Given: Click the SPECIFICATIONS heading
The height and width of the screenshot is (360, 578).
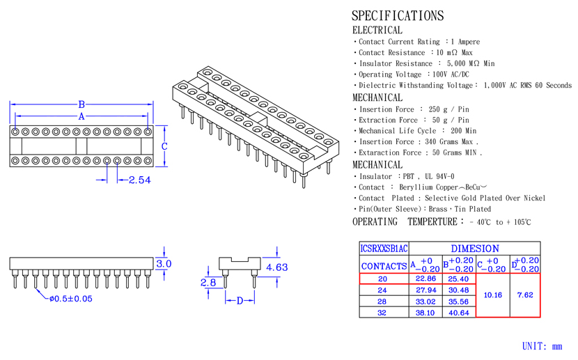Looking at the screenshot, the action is coord(398,15).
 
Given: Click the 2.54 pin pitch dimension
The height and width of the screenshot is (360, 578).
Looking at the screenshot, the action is coord(140,180).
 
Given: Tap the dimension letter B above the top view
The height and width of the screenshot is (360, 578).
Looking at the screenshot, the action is coord(81,104).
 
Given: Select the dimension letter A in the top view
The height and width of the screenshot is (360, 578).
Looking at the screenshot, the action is coord(81,116).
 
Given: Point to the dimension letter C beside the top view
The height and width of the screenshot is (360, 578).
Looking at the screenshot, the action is coord(164,146).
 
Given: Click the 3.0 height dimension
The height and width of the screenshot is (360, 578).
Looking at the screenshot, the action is coord(164,264).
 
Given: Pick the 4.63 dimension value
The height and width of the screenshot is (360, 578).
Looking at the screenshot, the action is coord(277,267).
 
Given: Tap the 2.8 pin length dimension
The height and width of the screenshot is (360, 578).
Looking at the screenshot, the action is coord(208,283).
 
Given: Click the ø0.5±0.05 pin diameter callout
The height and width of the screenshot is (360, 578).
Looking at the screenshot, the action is coord(71,299).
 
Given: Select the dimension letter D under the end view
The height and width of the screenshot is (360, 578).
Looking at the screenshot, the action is coord(240,301).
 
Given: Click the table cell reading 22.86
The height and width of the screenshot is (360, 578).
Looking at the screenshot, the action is coord(425,279).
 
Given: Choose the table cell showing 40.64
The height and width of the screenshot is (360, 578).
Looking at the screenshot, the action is coord(458,313).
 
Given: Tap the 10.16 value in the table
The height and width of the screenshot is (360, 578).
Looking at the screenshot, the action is coord(493,295).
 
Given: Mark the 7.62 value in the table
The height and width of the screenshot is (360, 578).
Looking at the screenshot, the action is coord(525,295).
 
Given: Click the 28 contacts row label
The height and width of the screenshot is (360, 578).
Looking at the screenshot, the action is coord(382,302).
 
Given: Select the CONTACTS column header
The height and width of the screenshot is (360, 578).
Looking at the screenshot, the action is coord(384,266).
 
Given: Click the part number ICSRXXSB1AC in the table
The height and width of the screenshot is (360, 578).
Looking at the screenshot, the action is coord(384,249).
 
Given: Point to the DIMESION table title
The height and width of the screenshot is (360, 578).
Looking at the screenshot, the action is coord(475,249).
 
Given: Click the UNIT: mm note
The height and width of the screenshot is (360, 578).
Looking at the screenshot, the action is coord(542,346).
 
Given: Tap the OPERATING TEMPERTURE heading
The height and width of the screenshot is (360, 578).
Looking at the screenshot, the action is coord(405,221).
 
